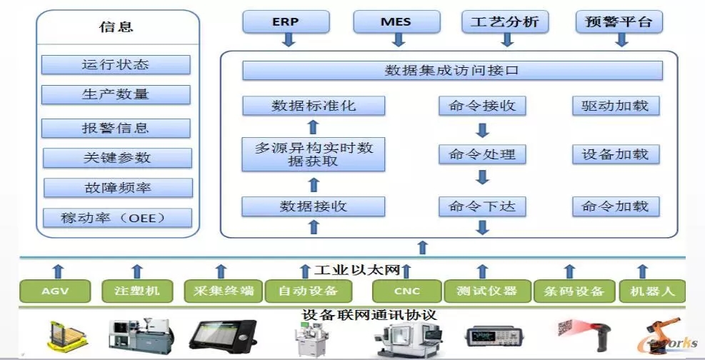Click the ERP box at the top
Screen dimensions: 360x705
pos(286,21)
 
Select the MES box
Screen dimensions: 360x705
pos(395,21)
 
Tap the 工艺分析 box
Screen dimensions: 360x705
pos(505,21)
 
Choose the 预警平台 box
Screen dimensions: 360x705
pos(619,21)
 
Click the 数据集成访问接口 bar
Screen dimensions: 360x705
pos(452,71)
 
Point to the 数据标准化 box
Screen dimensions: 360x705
pos(314,106)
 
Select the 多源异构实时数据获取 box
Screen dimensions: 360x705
pos(314,154)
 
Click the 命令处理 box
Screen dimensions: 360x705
pos(482,154)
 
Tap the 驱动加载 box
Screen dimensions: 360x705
pos(615,106)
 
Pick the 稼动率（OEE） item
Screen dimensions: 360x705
pos(117,218)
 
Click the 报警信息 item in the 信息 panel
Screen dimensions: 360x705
pos(116,129)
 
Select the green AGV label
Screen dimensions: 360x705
pos(56,291)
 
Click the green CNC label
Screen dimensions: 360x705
pos(406,291)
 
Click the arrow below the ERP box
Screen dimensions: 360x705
pos(289,40)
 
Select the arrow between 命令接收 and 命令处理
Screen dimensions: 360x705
pos(482,131)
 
